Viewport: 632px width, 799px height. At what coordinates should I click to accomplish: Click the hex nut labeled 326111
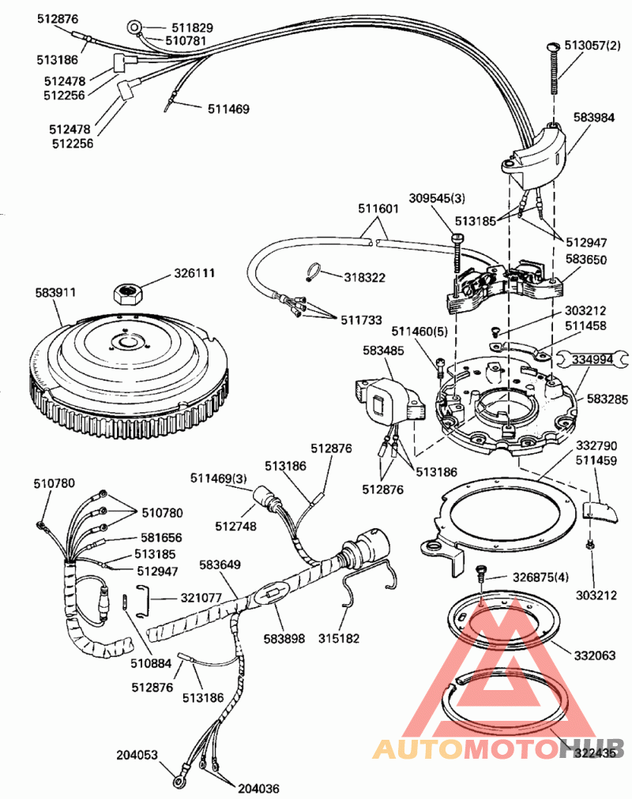click(128, 294)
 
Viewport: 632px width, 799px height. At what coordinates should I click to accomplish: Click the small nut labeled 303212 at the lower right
click(591, 545)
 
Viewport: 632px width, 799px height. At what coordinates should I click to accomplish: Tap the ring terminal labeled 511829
click(135, 28)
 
